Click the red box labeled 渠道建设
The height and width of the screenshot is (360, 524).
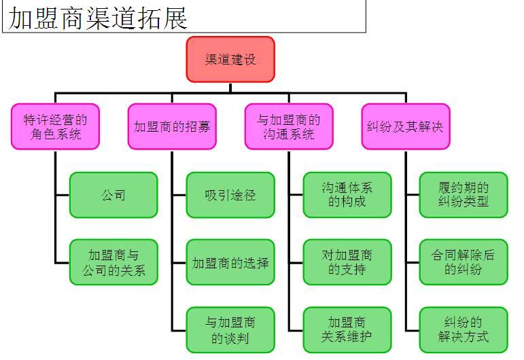(x=230, y=59)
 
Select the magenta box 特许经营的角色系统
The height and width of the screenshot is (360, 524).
(x=56, y=126)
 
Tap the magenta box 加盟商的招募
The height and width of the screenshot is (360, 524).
(x=172, y=126)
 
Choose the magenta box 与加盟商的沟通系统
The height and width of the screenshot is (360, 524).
(x=289, y=126)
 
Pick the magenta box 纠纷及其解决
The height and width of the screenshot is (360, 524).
(x=406, y=126)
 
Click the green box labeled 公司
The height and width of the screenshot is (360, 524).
(x=113, y=195)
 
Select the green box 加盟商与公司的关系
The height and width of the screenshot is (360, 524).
(x=113, y=262)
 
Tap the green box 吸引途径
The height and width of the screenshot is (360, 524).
(x=230, y=195)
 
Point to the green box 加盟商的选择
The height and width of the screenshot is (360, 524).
(x=230, y=262)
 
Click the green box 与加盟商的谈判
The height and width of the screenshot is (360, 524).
(x=230, y=329)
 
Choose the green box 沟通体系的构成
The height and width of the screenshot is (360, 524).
(x=347, y=195)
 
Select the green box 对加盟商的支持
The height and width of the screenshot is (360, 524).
(x=347, y=262)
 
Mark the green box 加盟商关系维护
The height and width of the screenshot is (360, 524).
(x=347, y=329)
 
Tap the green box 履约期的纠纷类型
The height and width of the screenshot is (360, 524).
(x=464, y=195)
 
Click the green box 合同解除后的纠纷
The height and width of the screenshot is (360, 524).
(x=464, y=262)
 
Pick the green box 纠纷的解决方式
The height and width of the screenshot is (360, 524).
(x=464, y=329)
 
